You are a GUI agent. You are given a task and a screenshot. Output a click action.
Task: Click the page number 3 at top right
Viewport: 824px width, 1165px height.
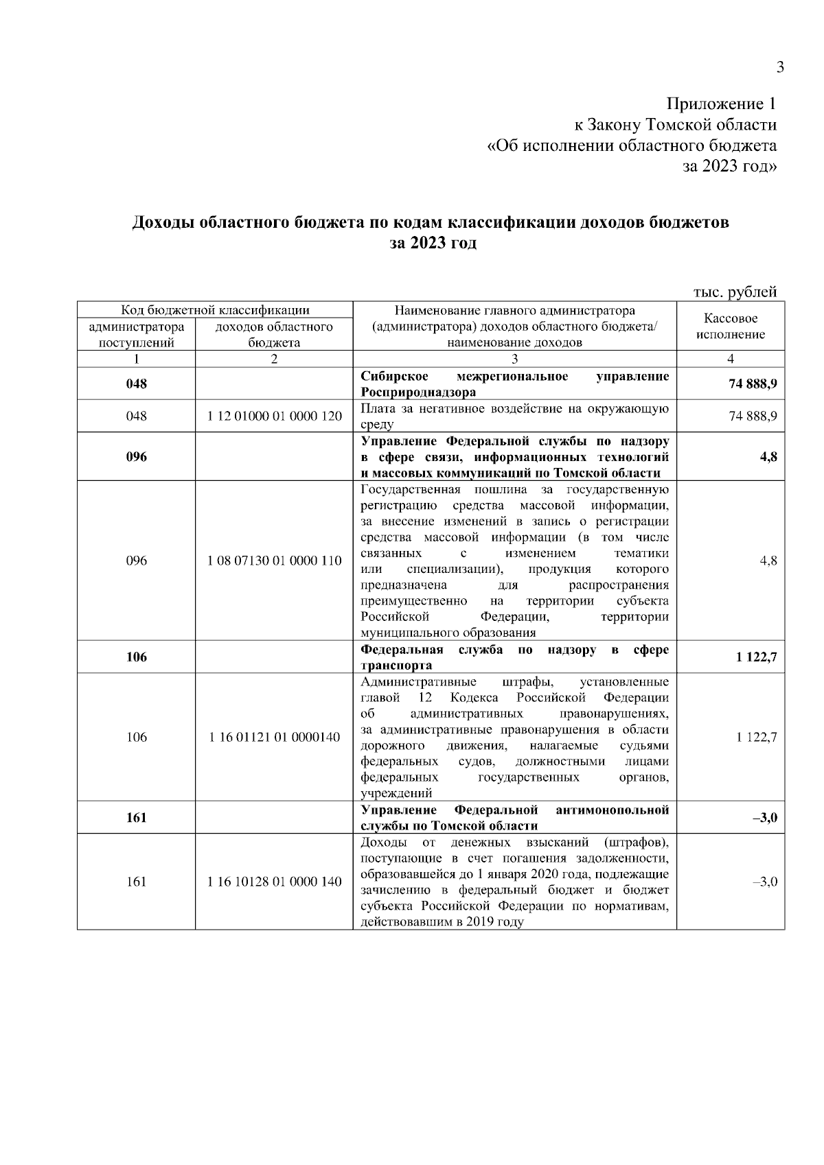tap(779, 67)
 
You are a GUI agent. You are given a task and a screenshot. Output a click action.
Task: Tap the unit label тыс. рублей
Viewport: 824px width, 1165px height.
tap(735, 292)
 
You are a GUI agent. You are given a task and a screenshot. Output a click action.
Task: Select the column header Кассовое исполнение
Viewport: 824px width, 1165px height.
tap(731, 327)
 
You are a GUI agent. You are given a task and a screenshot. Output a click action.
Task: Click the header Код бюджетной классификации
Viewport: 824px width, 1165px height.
tap(215, 309)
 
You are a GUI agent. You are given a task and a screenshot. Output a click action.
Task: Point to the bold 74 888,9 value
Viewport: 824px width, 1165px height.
tap(753, 384)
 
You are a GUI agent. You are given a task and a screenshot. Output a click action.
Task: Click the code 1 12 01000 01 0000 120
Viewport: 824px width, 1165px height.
tap(274, 416)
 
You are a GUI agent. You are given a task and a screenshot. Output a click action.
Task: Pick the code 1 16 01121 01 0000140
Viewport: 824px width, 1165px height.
tap(274, 738)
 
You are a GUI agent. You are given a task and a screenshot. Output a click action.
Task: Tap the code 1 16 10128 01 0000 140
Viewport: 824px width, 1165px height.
tap(274, 882)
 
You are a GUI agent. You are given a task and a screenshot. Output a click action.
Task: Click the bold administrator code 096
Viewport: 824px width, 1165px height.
tap(137, 457)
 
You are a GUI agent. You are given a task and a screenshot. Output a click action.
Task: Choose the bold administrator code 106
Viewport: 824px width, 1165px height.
tap(137, 657)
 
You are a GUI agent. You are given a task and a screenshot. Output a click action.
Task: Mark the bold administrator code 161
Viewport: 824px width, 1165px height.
tap(137, 818)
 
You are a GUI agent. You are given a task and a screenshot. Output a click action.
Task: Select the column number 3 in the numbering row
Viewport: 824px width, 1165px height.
tap(514, 359)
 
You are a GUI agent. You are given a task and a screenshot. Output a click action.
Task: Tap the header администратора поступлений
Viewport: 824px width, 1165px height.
tap(137, 335)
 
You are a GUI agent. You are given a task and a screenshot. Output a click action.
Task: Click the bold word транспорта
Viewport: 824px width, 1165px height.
tap(396, 666)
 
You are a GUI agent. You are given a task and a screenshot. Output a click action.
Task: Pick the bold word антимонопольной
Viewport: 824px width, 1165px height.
tap(612, 810)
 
